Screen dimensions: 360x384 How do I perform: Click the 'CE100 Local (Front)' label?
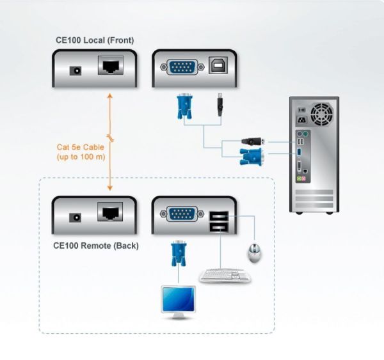click(x=95, y=40)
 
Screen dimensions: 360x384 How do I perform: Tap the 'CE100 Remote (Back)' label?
click(x=95, y=246)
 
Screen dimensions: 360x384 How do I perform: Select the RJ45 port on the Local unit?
click(x=110, y=66)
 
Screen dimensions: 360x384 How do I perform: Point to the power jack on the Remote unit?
click(x=76, y=216)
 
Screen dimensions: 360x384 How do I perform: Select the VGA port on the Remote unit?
click(x=180, y=214)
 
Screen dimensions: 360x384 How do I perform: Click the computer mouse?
click(x=254, y=252)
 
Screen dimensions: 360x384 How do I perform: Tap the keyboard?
click(x=225, y=275)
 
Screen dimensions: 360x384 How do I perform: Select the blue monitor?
click(x=179, y=301)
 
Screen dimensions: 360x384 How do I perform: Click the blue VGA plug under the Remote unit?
click(x=178, y=253)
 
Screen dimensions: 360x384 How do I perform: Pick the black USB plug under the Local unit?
click(x=220, y=105)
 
